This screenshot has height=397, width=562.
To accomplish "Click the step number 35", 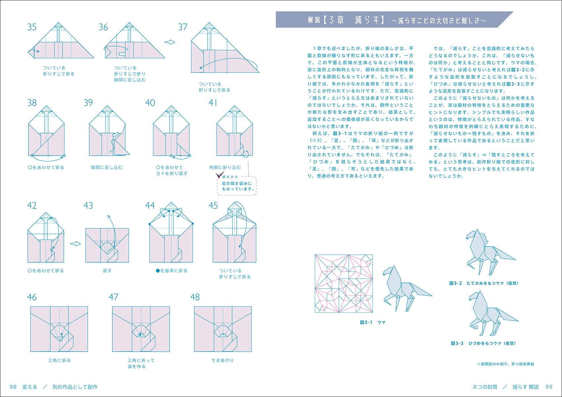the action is click(32, 27).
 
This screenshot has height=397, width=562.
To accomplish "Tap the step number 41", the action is click(213, 103).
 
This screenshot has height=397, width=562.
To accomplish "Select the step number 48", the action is click(195, 297).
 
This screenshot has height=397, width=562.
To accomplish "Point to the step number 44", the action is click(150, 205).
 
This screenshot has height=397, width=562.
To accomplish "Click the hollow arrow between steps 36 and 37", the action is click(170, 42).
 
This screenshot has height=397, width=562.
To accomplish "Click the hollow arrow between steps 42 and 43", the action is click(75, 243).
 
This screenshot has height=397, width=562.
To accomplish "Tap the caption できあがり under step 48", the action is click(222, 360).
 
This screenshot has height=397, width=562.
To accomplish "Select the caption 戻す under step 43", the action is click(107, 271).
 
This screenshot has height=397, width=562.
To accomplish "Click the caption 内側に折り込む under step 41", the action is click(225, 167).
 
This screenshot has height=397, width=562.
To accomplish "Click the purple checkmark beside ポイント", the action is click(220, 175).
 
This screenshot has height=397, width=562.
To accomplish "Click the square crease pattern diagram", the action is click(344, 284).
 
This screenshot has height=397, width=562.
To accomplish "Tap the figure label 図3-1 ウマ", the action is click(373, 323).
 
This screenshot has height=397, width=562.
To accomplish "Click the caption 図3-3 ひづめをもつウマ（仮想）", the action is click(483, 343).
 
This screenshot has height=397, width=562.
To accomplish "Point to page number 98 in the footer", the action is click(13, 387).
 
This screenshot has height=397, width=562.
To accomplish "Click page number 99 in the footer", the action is click(549, 387).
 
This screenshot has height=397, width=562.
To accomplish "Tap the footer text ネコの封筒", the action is click(485, 387).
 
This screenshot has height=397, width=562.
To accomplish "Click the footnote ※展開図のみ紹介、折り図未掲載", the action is click(505, 364).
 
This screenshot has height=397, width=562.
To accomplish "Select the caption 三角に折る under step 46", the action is click(60, 360).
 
